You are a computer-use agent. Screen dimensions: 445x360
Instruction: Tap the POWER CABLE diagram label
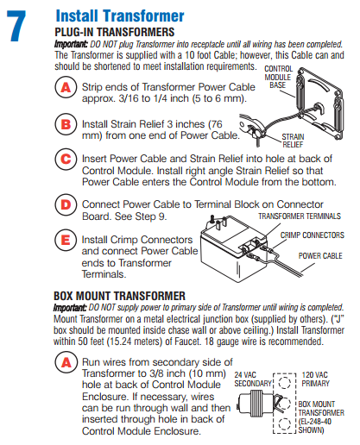pyautogui.click(x=319, y=256)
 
